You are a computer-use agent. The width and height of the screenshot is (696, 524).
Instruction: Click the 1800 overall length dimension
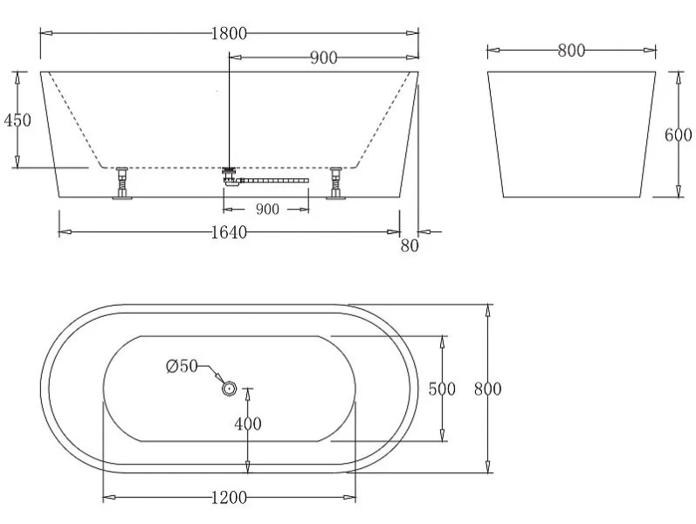229,33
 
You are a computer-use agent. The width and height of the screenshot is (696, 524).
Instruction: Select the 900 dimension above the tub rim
323,59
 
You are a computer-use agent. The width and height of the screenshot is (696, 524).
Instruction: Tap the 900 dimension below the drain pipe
266,209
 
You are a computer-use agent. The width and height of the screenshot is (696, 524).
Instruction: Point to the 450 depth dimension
17,120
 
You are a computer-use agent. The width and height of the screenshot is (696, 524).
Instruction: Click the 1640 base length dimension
229,231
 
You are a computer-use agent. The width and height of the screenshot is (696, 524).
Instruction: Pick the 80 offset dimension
410,246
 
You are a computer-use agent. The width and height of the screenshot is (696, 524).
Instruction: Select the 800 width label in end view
570,51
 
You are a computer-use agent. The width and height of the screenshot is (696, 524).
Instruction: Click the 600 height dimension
678,134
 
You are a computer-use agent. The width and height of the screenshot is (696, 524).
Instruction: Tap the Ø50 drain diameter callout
182,367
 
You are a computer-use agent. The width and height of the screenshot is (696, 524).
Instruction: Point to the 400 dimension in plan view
248,424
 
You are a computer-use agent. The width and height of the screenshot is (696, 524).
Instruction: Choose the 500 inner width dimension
442,390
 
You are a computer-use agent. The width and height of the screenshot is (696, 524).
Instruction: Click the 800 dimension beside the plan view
487,390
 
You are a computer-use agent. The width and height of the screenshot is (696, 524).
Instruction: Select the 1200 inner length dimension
229,498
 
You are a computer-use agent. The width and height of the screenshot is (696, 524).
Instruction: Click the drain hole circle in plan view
229,387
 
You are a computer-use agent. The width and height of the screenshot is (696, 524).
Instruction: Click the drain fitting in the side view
231,175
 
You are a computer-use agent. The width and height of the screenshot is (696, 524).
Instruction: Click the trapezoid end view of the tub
570,134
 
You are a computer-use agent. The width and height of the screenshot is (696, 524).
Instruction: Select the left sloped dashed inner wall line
73,119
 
